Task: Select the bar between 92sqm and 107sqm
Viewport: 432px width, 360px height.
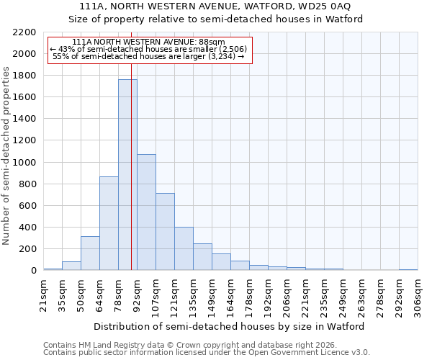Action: (x=146, y=212)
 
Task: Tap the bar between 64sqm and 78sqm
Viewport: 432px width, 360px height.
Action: (x=109, y=223)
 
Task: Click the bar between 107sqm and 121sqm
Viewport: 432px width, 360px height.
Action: (x=165, y=231)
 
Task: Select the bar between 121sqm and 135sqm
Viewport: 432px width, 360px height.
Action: (x=184, y=248)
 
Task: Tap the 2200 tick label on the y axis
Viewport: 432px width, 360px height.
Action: (x=24, y=32)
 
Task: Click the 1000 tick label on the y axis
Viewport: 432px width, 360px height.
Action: (x=24, y=163)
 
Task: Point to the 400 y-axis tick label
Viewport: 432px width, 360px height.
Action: (x=27, y=228)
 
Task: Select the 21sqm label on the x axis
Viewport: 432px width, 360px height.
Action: (x=43, y=295)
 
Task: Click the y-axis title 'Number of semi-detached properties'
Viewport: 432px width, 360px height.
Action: (x=7, y=156)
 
